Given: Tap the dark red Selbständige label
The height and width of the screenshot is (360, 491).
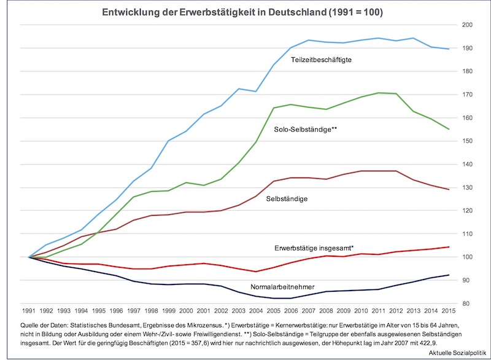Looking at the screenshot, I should click(287, 199).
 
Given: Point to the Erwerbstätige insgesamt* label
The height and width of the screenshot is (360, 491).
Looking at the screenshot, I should click(314, 248).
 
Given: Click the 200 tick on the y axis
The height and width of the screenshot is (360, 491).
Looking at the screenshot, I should click(468, 25).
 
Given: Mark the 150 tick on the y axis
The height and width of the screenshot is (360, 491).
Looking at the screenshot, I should click(468, 141).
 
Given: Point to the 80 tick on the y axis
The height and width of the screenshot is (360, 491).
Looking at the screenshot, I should click(468, 303).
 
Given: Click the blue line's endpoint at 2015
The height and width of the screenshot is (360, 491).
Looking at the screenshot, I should click(449, 49).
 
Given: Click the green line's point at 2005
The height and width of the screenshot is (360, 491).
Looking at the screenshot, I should click(273, 108).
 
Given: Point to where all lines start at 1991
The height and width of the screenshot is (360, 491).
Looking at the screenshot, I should click(29, 257).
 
